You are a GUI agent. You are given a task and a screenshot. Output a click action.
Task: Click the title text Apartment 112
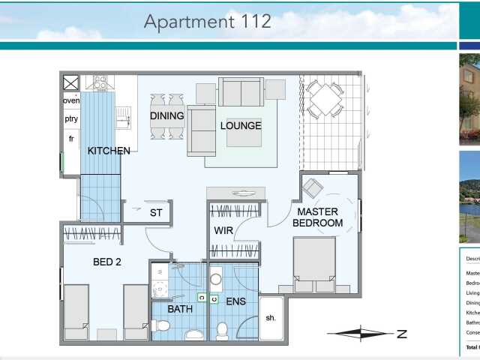tap(208, 21)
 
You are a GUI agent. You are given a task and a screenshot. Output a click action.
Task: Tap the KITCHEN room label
tap(109, 151)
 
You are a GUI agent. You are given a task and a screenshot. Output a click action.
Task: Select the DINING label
tap(166, 116)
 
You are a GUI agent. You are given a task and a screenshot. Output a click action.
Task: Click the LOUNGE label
tap(241, 126)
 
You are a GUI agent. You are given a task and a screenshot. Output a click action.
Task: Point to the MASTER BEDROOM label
tap(317, 217)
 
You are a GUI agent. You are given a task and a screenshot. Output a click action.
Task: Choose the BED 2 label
tap(108, 262)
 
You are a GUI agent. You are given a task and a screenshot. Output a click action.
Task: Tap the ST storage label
tap(156, 213)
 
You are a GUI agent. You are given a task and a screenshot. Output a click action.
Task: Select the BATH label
tap(180, 308)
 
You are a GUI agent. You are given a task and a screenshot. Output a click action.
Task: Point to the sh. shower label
tap(271, 317)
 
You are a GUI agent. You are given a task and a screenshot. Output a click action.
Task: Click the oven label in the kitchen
tap(71, 100)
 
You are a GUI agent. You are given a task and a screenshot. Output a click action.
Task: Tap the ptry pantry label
tap(71, 119)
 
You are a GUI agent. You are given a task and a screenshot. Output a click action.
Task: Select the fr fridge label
tap(71, 139)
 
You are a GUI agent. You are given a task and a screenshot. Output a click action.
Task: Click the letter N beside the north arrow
tap(402, 334)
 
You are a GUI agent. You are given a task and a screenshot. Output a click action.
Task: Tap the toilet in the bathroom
tap(160, 325)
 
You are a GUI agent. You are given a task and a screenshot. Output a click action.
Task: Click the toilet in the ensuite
tap(222, 330)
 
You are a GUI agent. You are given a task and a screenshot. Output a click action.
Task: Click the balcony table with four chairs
tap(325, 100)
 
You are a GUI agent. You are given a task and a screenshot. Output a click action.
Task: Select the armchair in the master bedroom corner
tap(312, 187)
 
